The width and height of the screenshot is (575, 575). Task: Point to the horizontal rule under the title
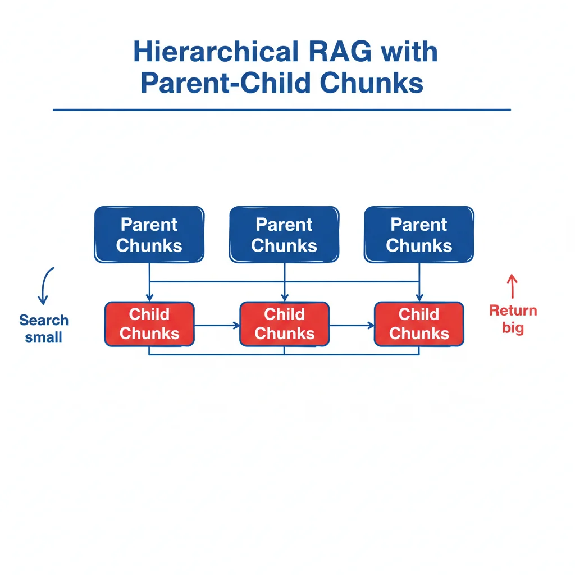coord(282,110)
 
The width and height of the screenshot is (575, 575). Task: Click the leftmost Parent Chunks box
coord(149,235)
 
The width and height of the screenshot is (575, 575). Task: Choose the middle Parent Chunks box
coord(284,235)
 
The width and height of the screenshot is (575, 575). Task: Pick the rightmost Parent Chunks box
coord(419,235)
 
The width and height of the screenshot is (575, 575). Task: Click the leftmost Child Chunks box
coord(149,324)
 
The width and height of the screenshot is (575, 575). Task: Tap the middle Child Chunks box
coord(284,324)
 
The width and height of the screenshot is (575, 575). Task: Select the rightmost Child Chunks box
coord(419,324)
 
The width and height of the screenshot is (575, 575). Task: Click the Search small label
coord(44,328)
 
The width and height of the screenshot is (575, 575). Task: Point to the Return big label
coord(513,318)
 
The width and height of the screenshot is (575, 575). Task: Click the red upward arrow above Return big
coord(512,286)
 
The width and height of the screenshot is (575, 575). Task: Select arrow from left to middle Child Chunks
coord(217,325)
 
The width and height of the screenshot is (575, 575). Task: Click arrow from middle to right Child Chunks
coord(352,325)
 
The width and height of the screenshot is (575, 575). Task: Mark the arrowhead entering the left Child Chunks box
coord(149,298)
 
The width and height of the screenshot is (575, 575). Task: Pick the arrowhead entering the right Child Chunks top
coord(419,298)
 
